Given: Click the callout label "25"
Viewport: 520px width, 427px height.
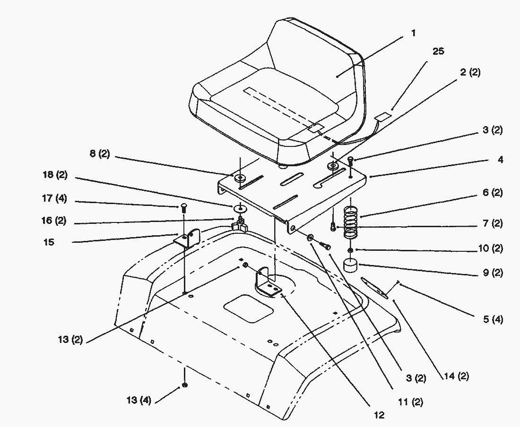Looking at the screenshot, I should (x=438, y=51).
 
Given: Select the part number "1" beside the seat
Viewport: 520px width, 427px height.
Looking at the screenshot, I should (x=413, y=34).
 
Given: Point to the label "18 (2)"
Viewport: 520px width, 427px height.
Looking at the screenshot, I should (x=54, y=175).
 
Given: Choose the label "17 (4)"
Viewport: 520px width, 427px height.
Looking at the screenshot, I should (x=55, y=199).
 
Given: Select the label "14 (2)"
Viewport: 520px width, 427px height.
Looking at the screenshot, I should (x=456, y=376).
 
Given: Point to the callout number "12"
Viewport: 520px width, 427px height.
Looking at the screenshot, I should (x=379, y=415).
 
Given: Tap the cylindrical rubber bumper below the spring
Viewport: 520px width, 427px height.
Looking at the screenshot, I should (x=350, y=266).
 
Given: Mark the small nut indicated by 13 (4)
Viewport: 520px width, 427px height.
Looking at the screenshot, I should (x=185, y=385).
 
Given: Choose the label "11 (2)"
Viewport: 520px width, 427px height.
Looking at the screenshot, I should (x=411, y=402).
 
